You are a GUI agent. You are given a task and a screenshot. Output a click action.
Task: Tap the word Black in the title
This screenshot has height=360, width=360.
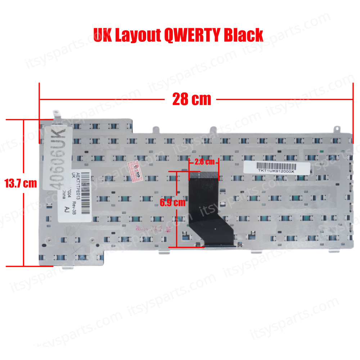[244, 35]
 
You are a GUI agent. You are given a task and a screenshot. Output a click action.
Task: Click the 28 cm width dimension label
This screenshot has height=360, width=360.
[192, 99]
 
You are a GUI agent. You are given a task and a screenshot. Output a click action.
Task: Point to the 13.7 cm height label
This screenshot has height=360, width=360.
[21, 183]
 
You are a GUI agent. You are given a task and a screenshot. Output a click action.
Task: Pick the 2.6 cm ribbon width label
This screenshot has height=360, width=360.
[204, 162]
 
